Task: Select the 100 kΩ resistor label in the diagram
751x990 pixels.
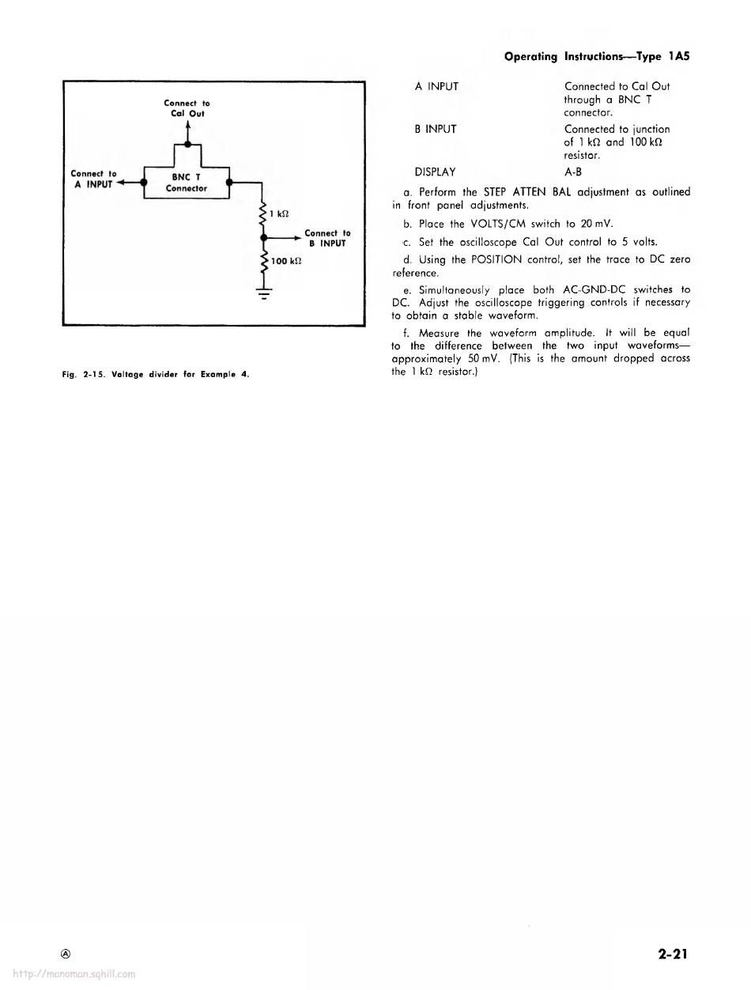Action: tap(282, 260)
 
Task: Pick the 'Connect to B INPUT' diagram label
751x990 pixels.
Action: tap(326, 238)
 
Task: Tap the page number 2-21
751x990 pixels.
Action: tap(672, 954)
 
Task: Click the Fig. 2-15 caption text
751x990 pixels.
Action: tap(155, 374)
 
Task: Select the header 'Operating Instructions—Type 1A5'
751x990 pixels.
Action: tap(597, 57)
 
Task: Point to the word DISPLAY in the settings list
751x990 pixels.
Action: tap(435, 171)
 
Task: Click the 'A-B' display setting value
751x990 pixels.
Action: tap(573, 171)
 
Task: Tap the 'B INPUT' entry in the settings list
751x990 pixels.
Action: tap(436, 129)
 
